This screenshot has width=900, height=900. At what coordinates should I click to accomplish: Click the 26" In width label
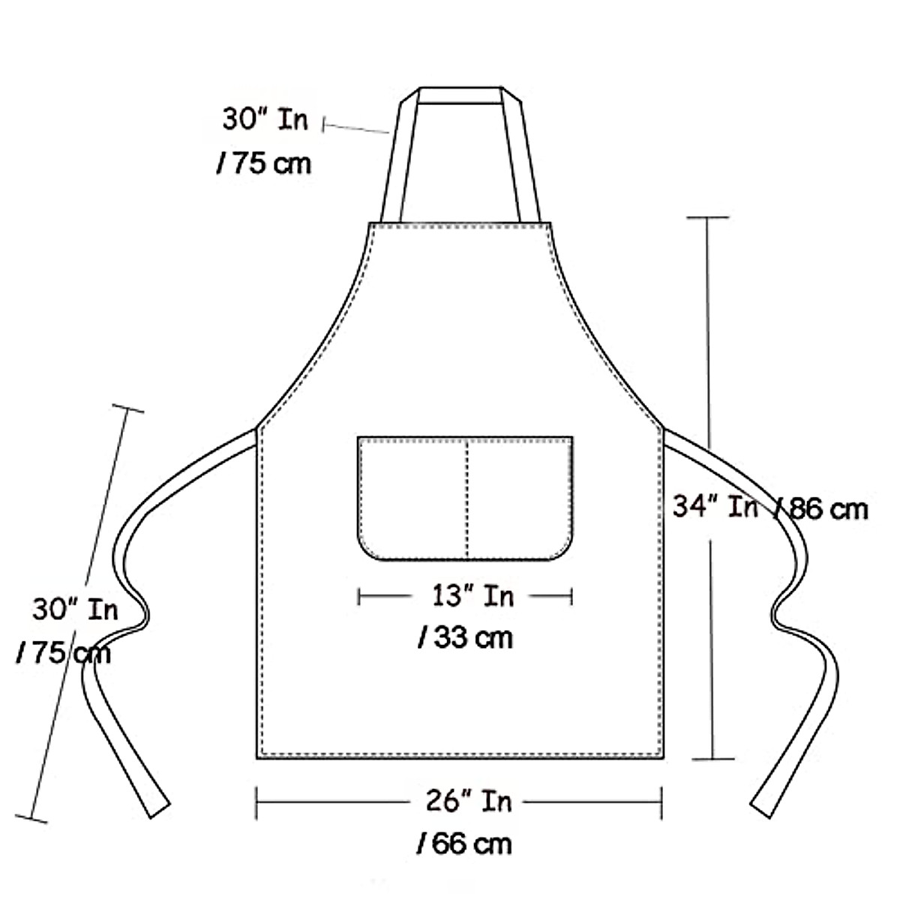point(469,801)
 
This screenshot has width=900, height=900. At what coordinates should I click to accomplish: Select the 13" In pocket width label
point(472,596)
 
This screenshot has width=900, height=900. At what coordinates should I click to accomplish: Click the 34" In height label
point(715,506)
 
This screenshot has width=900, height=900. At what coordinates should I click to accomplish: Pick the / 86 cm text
point(820,508)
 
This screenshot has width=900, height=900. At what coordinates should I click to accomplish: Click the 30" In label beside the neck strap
point(265,118)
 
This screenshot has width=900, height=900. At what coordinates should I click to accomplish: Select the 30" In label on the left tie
point(75,609)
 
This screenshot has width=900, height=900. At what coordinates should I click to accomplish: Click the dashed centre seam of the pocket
point(466,498)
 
